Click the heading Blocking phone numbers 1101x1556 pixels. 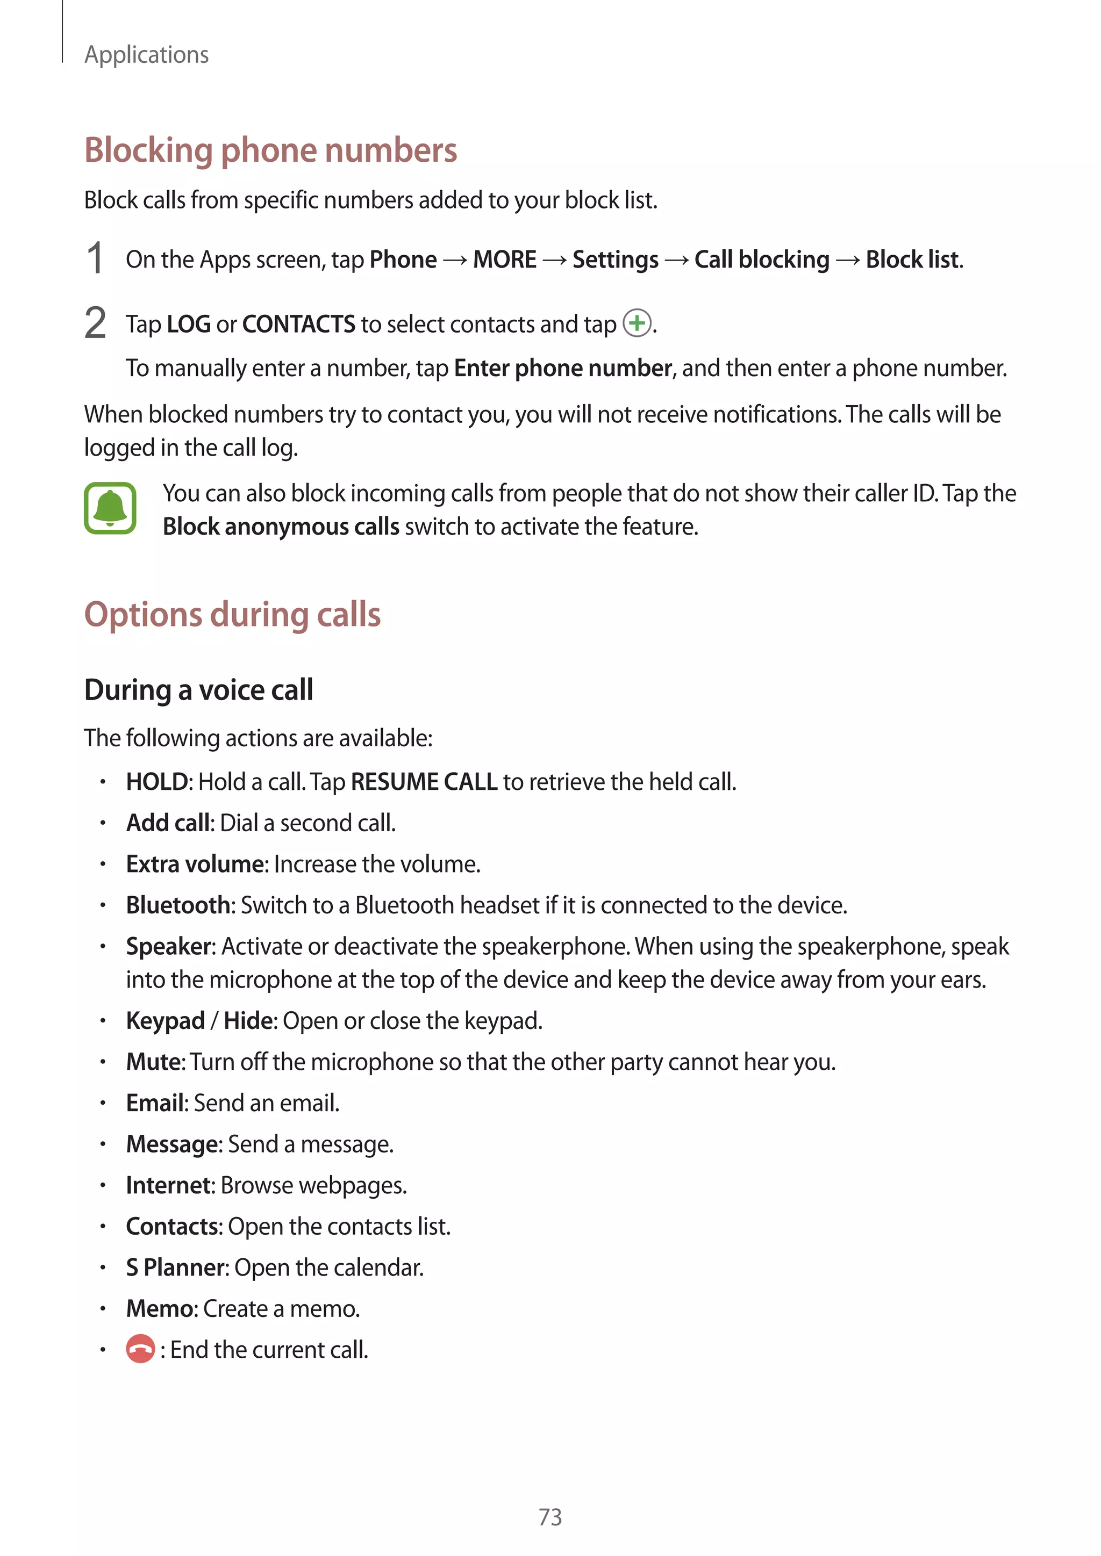tap(270, 150)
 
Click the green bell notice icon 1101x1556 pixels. tap(110, 508)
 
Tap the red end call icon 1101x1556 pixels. tap(140, 1349)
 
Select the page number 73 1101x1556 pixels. tap(550, 1517)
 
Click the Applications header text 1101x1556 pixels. tap(146, 55)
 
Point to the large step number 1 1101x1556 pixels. tap(96, 258)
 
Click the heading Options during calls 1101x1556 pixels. tap(233, 615)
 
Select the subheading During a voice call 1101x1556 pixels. tap(198, 690)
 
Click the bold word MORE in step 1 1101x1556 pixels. tap(504, 260)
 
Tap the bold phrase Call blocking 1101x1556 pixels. tap(761, 260)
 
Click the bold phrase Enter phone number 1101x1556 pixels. tap(563, 368)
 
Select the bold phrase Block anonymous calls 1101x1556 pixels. tap(281, 527)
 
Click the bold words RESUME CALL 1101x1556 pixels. tap(424, 782)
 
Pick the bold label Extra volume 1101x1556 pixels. tap(195, 864)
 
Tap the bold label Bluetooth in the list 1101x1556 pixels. tap(179, 905)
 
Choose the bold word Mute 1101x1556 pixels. tap(154, 1062)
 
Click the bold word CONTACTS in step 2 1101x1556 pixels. tap(298, 325)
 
